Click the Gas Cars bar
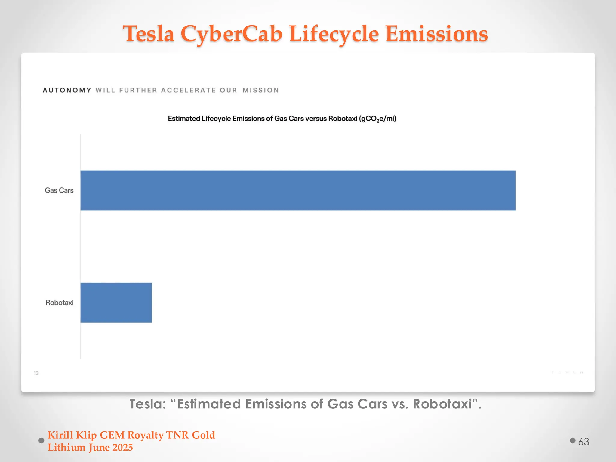pyautogui.click(x=298, y=190)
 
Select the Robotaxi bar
pyautogui.click(x=116, y=303)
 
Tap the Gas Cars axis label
pyautogui.click(x=59, y=190)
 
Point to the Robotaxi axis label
pyautogui.click(x=59, y=303)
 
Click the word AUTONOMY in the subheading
pyautogui.click(x=67, y=90)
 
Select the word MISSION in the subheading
pyautogui.click(x=261, y=90)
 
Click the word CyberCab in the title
pyautogui.click(x=231, y=34)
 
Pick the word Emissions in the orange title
pyautogui.click(x=436, y=34)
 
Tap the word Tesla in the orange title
pyautogui.click(x=149, y=34)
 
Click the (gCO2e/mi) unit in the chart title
pyautogui.click(x=377, y=119)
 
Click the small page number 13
pyautogui.click(x=36, y=373)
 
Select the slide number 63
pyautogui.click(x=584, y=442)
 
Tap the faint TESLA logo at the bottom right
pyautogui.click(x=567, y=372)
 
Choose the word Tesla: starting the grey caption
pyautogui.click(x=148, y=404)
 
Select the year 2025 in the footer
pyautogui.click(x=122, y=448)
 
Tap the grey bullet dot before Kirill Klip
pyautogui.click(x=42, y=441)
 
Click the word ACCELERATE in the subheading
pyautogui.click(x=188, y=90)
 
